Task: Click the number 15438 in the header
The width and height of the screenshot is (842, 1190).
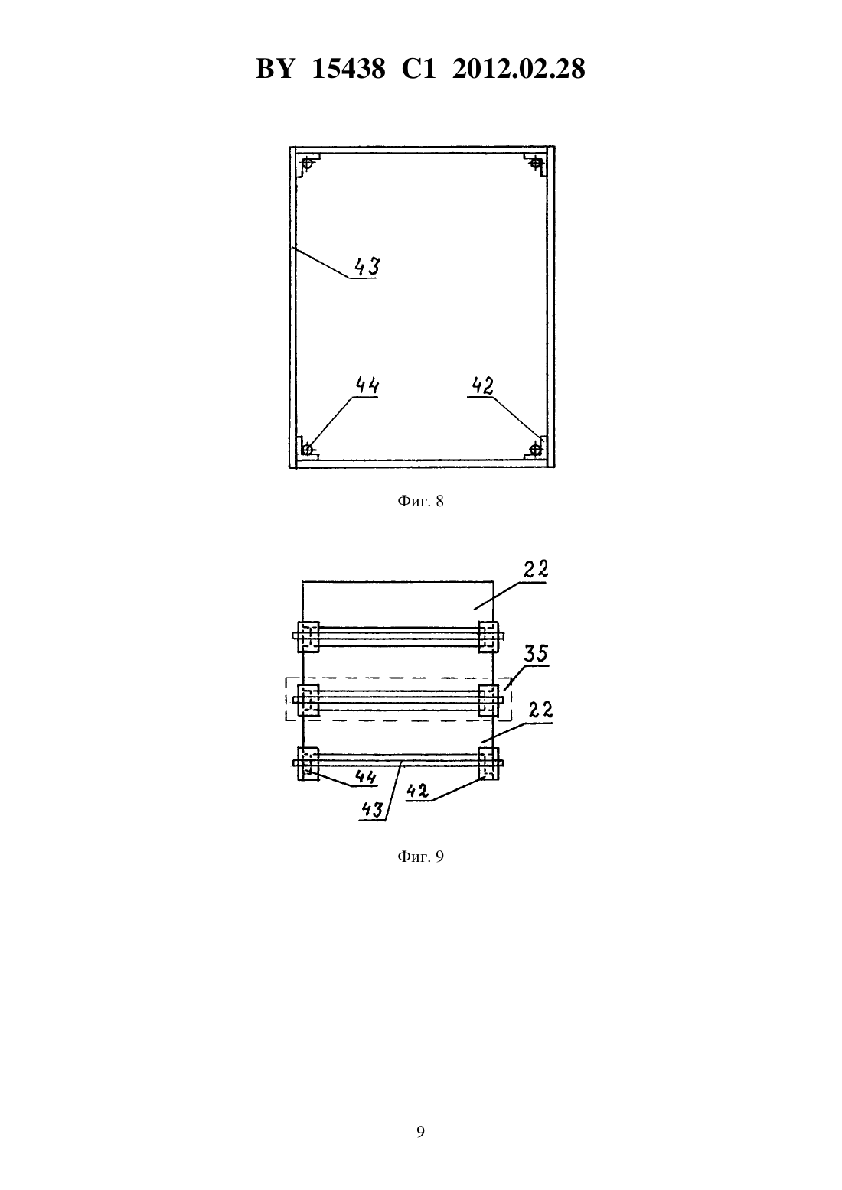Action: (348, 69)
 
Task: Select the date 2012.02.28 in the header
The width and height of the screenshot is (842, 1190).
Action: (519, 69)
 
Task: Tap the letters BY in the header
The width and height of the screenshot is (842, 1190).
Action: (275, 69)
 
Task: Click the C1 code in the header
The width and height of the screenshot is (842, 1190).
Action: (419, 69)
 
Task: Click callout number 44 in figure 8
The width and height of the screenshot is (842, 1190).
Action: (367, 385)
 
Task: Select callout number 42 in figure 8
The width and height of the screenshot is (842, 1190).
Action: (483, 385)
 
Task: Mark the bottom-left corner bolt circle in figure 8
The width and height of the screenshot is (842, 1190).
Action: (307, 450)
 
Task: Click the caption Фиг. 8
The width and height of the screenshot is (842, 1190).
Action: (420, 501)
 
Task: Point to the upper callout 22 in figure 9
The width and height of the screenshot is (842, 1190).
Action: (535, 570)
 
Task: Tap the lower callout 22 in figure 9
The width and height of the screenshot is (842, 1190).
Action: (540, 710)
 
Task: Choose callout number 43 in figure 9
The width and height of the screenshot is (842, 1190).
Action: (372, 810)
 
